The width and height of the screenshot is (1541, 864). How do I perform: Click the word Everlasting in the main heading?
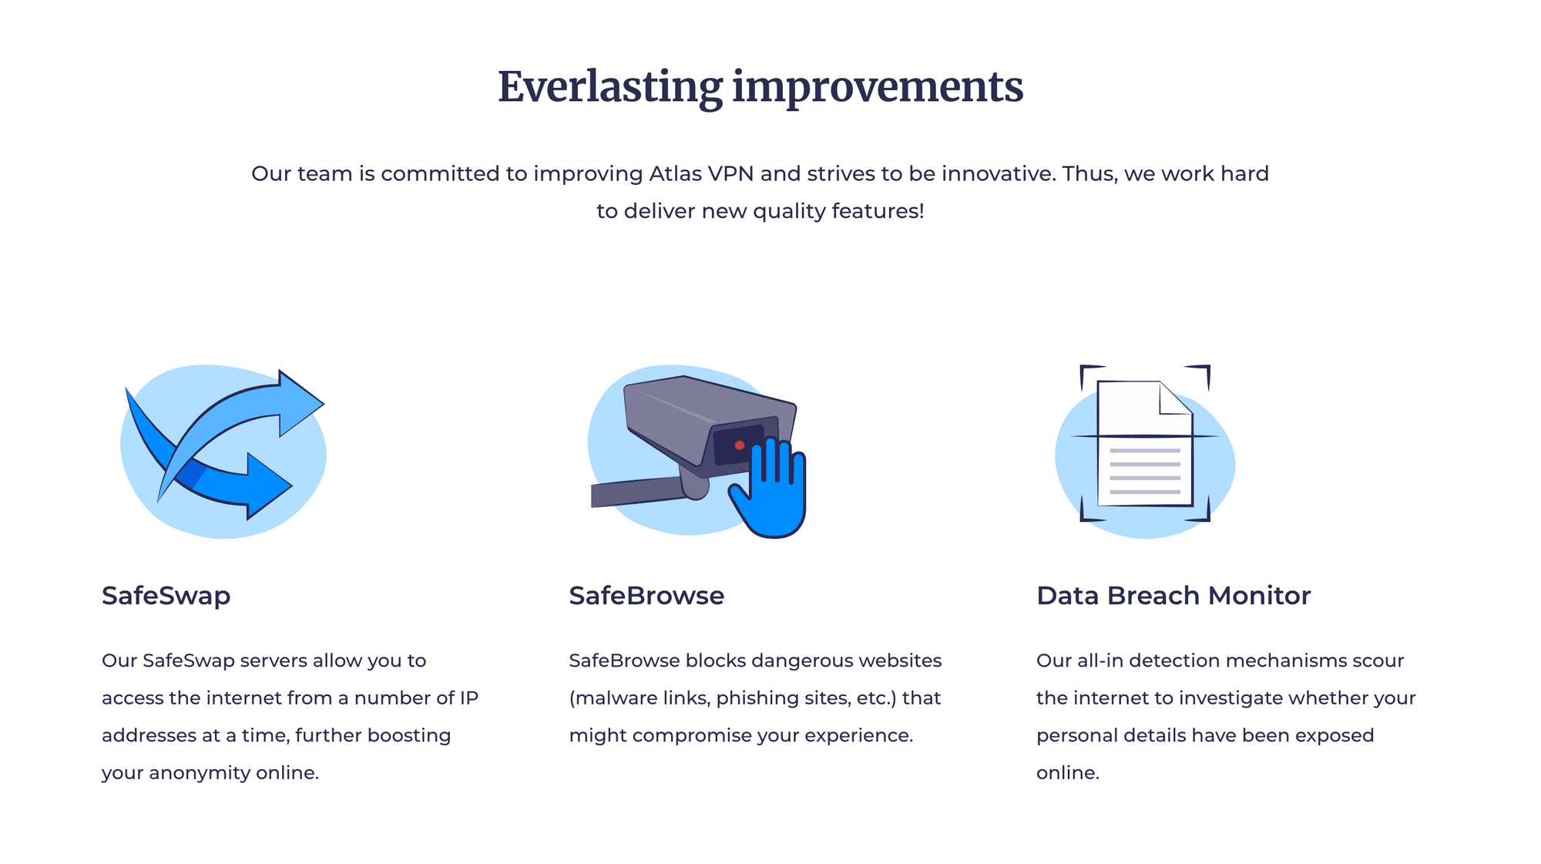click(610, 88)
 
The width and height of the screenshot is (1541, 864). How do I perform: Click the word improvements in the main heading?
click(878, 88)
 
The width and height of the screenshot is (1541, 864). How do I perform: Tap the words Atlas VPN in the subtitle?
click(701, 173)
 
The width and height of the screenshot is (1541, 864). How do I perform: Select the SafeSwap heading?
click(166, 596)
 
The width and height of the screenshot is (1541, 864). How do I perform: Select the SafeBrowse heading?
click(646, 596)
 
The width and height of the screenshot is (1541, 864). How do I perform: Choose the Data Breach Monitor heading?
click(1173, 596)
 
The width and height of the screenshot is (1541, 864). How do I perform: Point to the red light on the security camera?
click(740, 445)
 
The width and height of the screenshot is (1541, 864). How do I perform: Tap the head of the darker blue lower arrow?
click(269, 486)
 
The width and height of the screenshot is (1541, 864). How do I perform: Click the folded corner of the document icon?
click(1176, 398)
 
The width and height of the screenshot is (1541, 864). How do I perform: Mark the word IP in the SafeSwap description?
click(469, 698)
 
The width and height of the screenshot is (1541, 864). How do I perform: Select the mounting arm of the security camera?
click(640, 492)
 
